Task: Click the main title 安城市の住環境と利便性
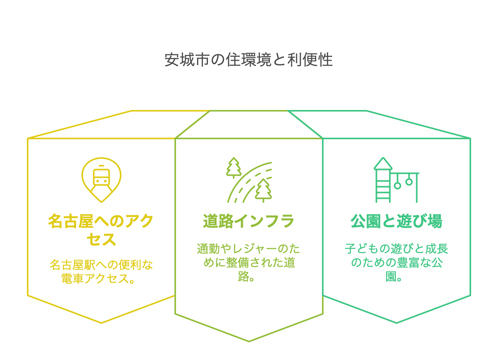point(249,60)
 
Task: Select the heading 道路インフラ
point(249,222)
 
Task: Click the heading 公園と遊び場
point(396,222)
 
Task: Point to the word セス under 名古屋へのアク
point(101,239)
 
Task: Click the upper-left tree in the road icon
point(234,168)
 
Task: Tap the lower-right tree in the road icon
point(263,190)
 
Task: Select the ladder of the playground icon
point(383,188)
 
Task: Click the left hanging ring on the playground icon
point(397,185)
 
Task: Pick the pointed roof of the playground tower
point(383,164)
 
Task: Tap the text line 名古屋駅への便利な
point(101,265)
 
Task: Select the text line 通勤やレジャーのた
point(249,249)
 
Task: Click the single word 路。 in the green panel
point(247,277)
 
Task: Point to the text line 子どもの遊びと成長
point(396,249)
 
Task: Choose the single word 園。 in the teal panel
point(395,277)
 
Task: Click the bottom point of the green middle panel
point(249,341)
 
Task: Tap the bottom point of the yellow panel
point(101,322)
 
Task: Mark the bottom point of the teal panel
point(397,322)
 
